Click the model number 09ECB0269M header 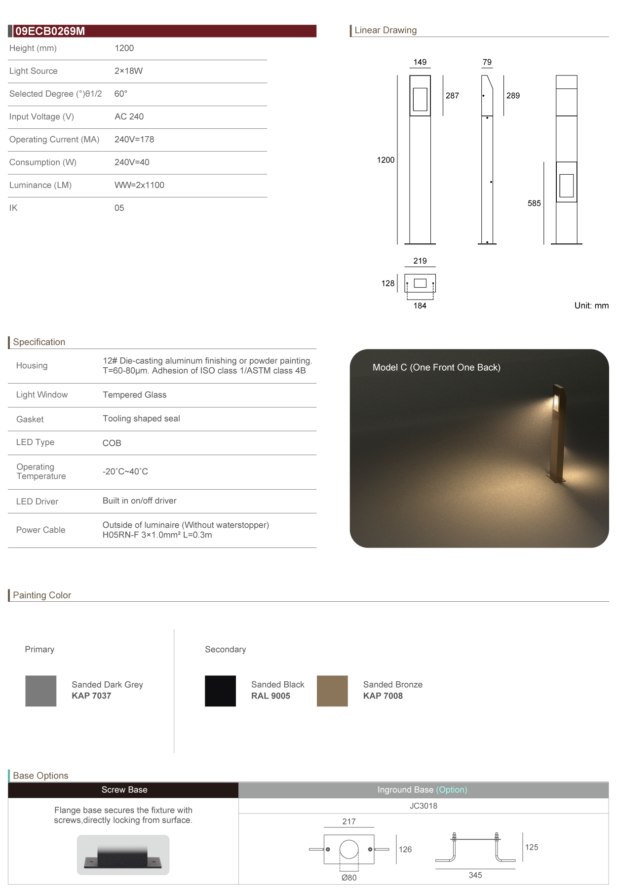(50, 31)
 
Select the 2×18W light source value (128, 71)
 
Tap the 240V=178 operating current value (134, 140)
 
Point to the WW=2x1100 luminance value (139, 185)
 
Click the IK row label (13, 208)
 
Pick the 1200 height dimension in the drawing (386, 160)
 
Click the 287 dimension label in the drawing (452, 96)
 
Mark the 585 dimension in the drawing (534, 203)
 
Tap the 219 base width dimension (420, 261)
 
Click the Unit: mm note (591, 306)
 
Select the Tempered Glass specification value (134, 395)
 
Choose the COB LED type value (112, 443)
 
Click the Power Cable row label (40, 530)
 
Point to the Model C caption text (436, 367)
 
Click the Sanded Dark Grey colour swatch (41, 691)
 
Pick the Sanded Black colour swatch (220, 691)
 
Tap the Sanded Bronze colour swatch (332, 691)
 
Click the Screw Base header (124, 790)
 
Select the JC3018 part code (424, 806)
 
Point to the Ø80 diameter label (349, 878)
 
